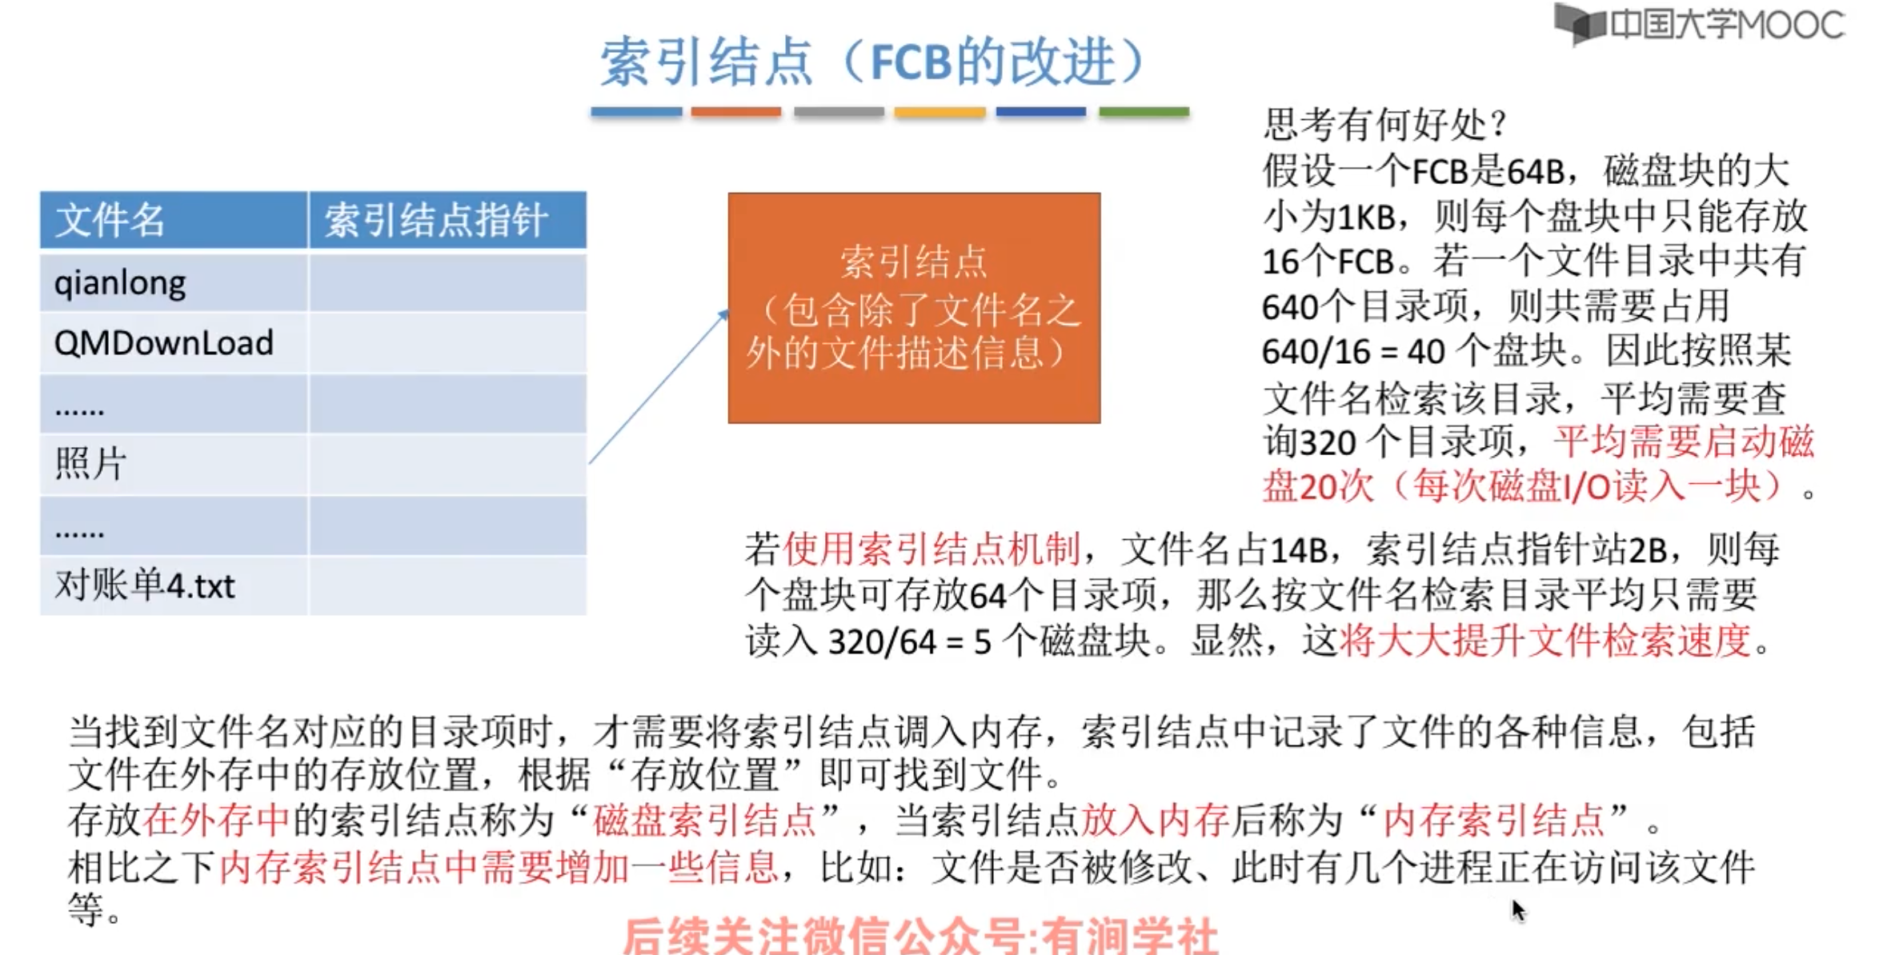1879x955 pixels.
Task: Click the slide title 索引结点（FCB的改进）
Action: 872,62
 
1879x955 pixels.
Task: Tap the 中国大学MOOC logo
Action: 1700,25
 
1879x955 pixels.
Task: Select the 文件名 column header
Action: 110,220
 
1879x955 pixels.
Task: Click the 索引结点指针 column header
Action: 436,220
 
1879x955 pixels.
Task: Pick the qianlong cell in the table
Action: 120,283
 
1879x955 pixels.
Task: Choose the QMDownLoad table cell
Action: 164,343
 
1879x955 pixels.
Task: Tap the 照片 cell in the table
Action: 90,464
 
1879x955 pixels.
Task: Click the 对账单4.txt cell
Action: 145,585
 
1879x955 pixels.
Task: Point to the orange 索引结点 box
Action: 914,308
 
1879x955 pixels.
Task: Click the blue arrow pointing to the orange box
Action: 658,387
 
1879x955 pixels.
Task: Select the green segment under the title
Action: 1144,113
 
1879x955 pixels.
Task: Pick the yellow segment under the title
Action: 939,113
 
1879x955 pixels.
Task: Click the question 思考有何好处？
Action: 1385,124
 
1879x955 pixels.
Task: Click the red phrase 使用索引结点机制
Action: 931,549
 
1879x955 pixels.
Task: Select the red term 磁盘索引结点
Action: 704,820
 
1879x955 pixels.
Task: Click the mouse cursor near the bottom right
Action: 1518,909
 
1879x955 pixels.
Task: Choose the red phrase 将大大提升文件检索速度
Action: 1545,641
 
